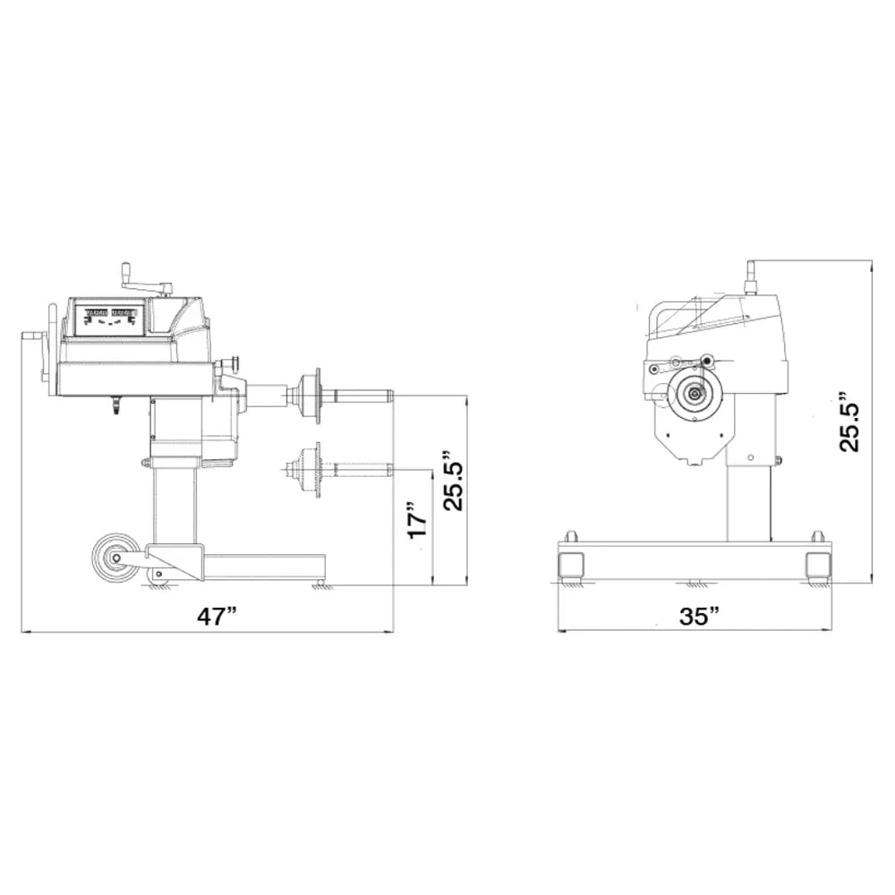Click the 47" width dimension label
(217, 617)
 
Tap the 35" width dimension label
(699, 616)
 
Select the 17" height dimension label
(417, 519)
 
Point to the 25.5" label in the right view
(848, 422)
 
